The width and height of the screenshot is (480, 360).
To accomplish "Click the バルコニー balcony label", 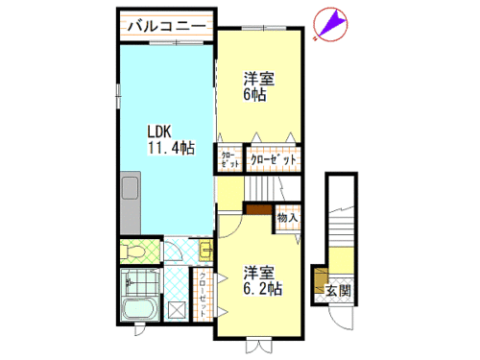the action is tap(166, 25).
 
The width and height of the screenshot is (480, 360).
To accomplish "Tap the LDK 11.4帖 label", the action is tap(171, 139).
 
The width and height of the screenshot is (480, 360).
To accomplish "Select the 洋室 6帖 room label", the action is tap(258, 86).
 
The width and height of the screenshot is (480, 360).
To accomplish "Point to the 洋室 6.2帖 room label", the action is tap(262, 280).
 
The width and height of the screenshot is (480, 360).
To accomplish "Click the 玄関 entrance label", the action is tap(338, 291).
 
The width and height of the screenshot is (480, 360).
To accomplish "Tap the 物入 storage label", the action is tap(288, 218).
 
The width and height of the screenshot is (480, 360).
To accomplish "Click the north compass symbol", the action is tap(330, 25).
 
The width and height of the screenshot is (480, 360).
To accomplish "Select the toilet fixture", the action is tap(132, 252).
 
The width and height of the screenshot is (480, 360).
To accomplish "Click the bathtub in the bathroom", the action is tap(140, 309).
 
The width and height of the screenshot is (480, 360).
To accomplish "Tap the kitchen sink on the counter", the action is tap(130, 188).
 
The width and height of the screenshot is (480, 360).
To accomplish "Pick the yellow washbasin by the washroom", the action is tap(205, 250).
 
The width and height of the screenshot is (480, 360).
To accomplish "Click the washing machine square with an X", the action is tap(177, 310).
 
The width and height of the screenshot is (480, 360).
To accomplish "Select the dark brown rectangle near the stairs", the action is tap(259, 209).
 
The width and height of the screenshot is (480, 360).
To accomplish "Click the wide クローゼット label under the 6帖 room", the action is tap(274, 159).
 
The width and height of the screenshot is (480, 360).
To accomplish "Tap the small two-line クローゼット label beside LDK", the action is tap(230, 159).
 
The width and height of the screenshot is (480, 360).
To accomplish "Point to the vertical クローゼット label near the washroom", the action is tap(203, 295).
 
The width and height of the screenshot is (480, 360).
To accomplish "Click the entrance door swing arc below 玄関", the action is tap(340, 323).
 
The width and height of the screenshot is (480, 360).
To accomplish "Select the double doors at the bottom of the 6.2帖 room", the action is tap(259, 346).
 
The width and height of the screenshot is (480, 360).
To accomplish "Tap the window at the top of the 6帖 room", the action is tap(264, 28).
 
